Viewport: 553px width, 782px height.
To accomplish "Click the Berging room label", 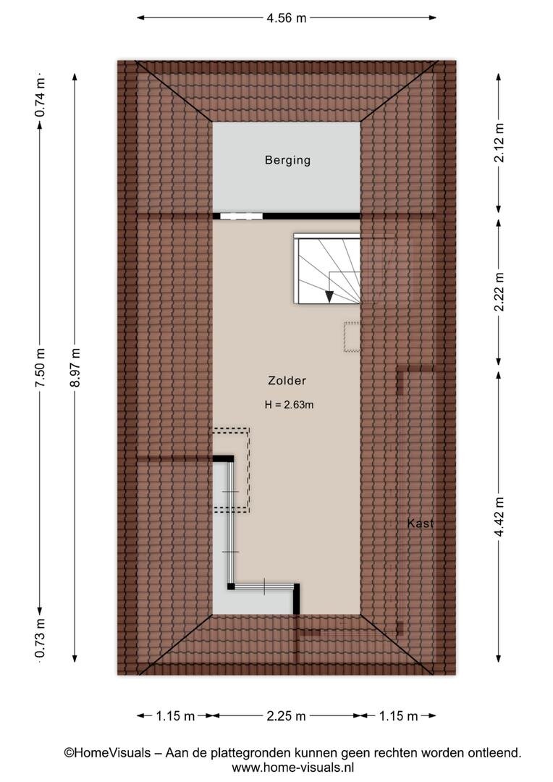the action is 288,161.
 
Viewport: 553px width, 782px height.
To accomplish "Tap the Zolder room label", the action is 287,381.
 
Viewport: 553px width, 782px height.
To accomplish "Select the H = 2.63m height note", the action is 290,405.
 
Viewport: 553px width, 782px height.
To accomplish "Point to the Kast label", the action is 421,524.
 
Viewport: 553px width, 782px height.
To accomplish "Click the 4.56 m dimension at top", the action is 287,18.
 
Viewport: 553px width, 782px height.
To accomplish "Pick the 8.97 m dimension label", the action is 75,368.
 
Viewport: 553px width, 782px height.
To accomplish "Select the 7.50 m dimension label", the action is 41,368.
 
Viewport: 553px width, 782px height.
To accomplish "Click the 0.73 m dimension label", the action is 41,638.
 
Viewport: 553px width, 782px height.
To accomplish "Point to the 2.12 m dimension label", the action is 499,142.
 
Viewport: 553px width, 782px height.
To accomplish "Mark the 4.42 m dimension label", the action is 499,517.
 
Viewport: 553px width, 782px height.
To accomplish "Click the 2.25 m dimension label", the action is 286,716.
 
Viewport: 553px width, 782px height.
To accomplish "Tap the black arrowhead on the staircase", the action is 329,295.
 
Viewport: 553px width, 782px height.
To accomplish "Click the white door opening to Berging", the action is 241,216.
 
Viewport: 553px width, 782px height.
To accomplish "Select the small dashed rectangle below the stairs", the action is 352,337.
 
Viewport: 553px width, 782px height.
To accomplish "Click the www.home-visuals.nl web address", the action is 292,768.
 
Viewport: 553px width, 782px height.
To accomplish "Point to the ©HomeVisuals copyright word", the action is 107,752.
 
